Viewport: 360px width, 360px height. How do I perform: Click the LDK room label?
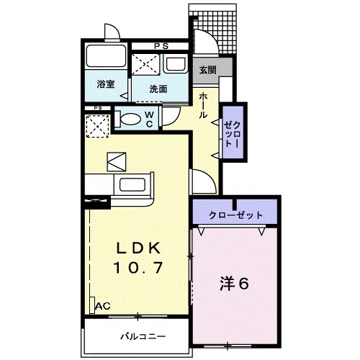139,248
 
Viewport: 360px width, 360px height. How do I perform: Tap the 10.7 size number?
139,267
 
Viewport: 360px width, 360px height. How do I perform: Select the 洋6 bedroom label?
233,284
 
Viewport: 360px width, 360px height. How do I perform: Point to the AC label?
104,306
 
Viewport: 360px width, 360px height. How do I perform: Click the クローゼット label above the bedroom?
235,215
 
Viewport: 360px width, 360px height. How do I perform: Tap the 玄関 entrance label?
208,70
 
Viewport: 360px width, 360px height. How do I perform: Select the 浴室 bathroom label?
105,84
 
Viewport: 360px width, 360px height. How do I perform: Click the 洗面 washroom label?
158,89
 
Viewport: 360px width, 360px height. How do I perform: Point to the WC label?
148,118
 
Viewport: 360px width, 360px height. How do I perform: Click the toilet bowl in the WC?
130,119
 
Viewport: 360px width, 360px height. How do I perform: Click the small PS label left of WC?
97,109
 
